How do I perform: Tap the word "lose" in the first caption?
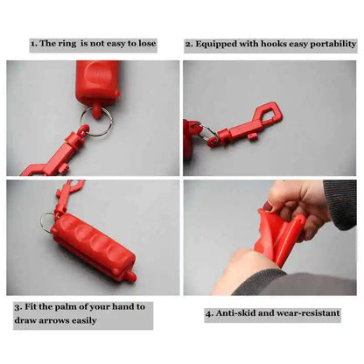tap(146, 43)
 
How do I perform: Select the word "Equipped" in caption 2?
tap(219, 43)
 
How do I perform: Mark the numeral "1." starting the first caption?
tap(34, 43)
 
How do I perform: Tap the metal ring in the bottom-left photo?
tap(46, 222)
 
